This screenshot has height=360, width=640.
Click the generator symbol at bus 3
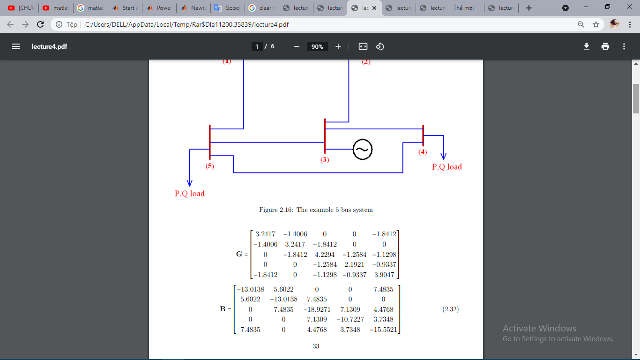[362, 150]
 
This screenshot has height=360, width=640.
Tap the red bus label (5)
[209, 166]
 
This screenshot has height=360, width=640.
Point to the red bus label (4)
[423, 152]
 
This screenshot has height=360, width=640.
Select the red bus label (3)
[325, 159]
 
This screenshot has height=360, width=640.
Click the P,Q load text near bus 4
[447, 166]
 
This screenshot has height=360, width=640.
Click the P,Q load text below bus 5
[190, 193]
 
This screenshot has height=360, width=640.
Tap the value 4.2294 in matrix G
[325, 255]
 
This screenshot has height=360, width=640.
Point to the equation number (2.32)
[450, 309]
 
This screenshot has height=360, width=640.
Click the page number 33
[316, 346]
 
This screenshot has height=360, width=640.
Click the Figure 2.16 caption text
[316, 210]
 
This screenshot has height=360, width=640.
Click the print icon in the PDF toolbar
[605, 46]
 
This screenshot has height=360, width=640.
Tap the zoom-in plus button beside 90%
[338, 46]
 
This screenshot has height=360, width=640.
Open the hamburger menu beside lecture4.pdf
[16, 46]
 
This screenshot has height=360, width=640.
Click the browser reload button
[40, 24]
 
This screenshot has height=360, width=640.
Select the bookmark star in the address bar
[596, 24]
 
